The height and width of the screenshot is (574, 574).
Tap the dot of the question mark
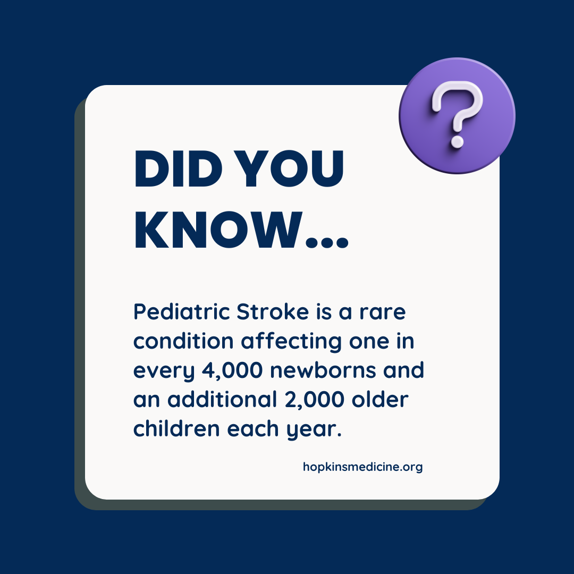(457, 142)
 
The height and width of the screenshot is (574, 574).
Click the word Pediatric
(181, 312)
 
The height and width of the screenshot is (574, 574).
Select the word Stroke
(272, 312)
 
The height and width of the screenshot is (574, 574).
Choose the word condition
(184, 341)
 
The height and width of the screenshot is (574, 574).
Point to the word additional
(213, 399)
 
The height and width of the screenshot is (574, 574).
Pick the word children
(176, 428)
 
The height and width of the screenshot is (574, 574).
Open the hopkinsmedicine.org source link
(362, 467)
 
